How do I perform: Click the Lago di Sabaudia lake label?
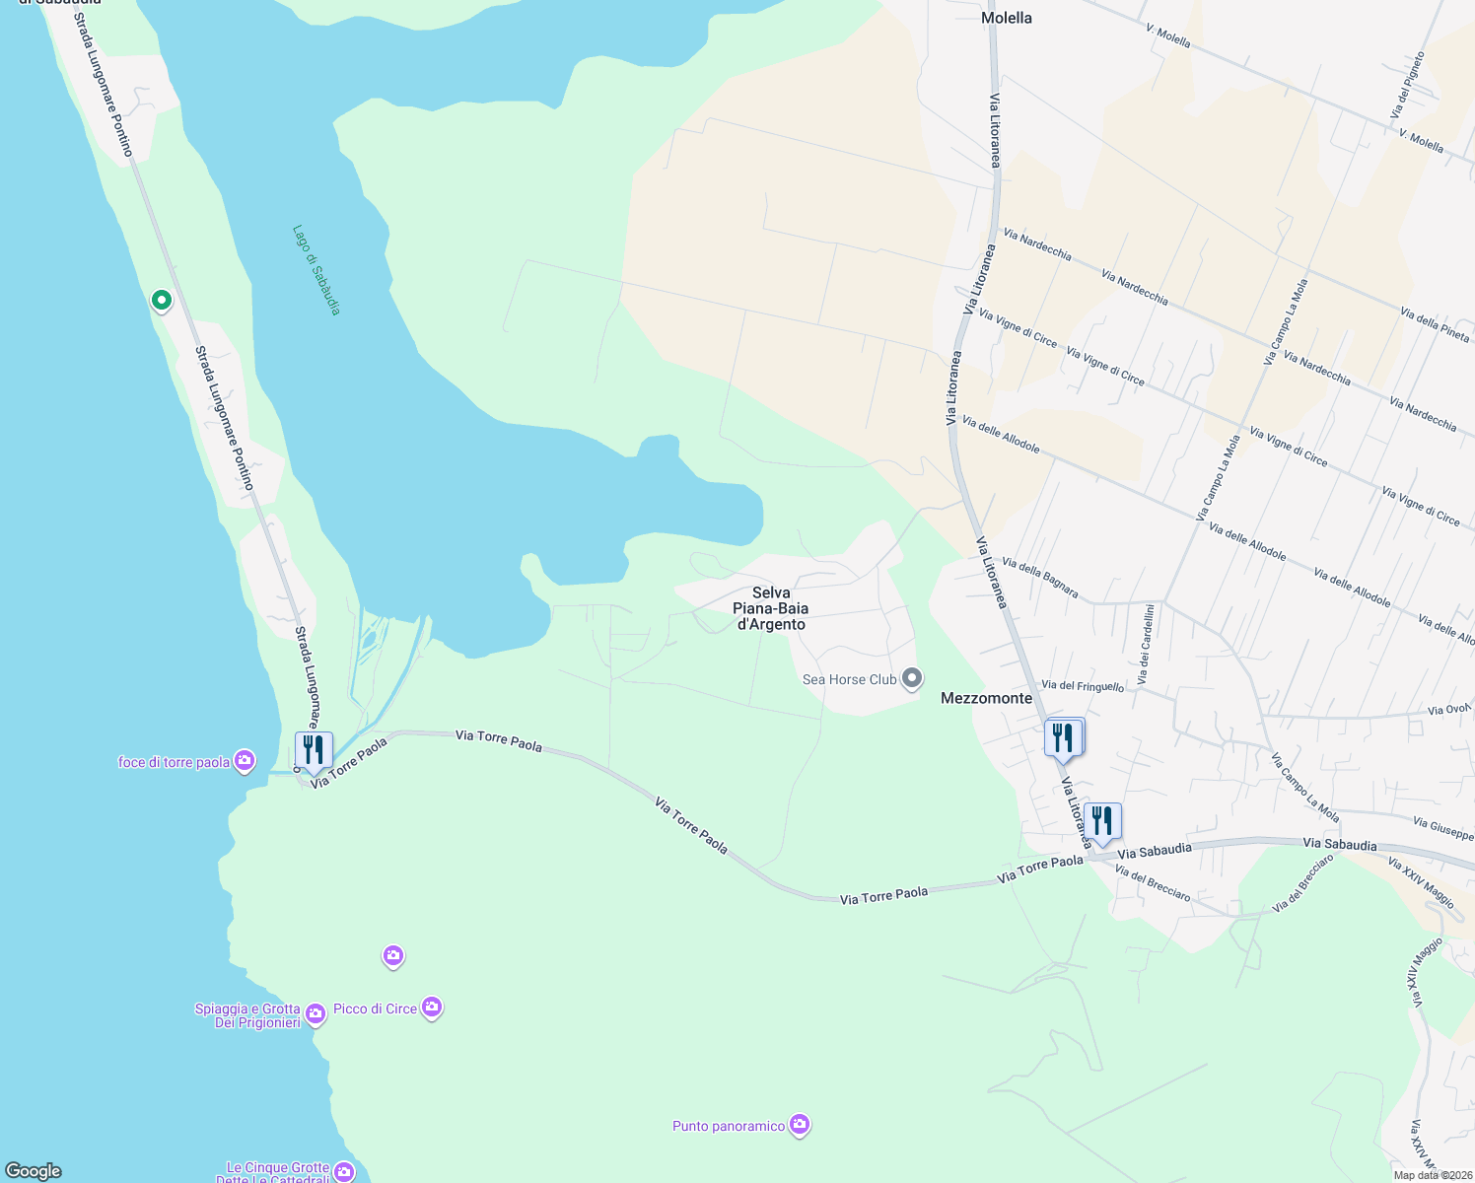coord(316,270)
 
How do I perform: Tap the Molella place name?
coord(1007,18)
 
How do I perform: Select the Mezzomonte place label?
coord(986,698)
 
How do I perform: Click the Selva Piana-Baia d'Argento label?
coord(771,608)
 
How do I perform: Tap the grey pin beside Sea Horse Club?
coord(913,678)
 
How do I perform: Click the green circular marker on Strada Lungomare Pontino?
coord(162,300)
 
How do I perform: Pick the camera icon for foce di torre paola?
coord(245,761)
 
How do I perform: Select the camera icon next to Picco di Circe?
coord(432,1008)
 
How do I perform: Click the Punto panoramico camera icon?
coord(800,1125)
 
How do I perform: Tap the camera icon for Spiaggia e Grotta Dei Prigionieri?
coord(316,1013)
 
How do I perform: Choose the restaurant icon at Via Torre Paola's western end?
coord(314,750)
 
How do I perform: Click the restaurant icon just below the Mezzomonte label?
coord(1064,737)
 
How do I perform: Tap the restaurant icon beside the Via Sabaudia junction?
coord(1102,820)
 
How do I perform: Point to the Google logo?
coord(34,1171)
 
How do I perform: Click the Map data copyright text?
coord(1433,1175)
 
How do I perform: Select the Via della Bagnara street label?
coord(1040,578)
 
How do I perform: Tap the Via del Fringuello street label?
coord(1082,685)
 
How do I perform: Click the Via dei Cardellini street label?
coord(1146,645)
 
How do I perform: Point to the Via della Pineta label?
coord(1435,324)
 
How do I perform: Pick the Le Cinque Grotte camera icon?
coord(344,1171)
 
